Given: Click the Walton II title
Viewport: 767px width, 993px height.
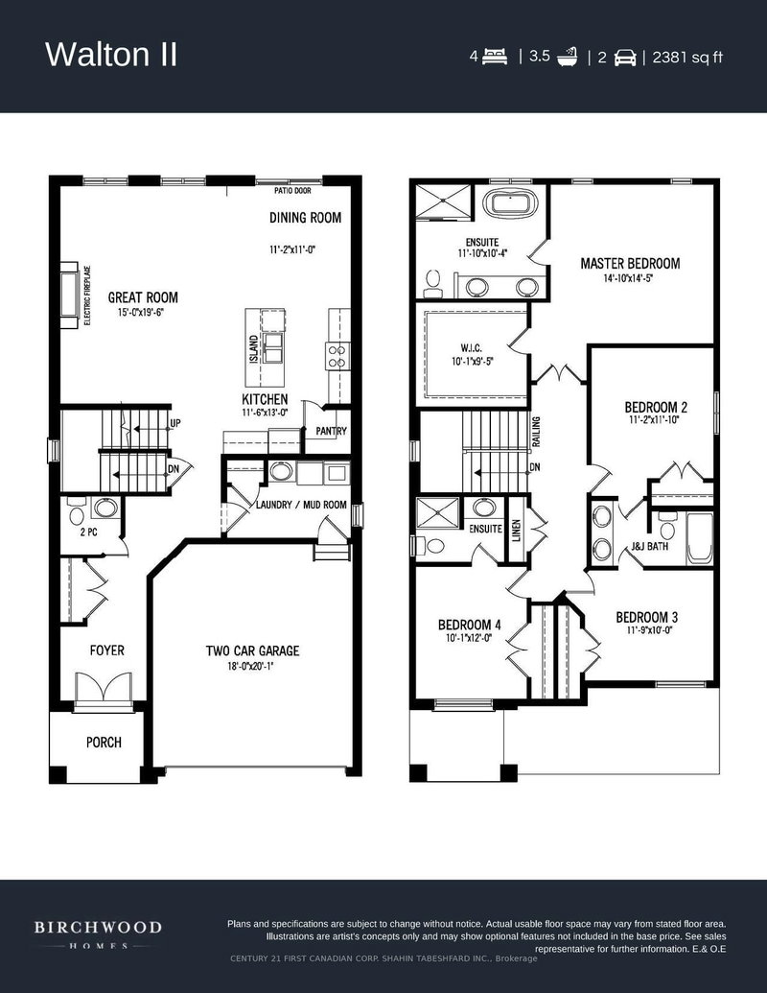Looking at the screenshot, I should (111, 55).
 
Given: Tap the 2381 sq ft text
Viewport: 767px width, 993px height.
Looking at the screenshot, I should (687, 57).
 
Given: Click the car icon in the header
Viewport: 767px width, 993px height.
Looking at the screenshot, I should (626, 57).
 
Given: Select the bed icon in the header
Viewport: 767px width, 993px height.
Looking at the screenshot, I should (495, 57).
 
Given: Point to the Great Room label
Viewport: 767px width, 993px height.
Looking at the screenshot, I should (143, 297).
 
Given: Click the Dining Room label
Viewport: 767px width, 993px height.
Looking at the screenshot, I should (305, 218).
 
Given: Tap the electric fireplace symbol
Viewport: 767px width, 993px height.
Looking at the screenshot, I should (70, 296).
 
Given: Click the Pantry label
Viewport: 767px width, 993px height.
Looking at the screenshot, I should (331, 432).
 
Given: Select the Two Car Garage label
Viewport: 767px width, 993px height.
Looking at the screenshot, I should (252, 651).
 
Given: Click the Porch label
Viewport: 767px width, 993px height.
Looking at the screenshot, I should (104, 743).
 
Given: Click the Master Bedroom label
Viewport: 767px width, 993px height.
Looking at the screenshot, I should (630, 264).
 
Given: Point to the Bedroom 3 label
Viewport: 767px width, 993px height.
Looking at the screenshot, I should (647, 617).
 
